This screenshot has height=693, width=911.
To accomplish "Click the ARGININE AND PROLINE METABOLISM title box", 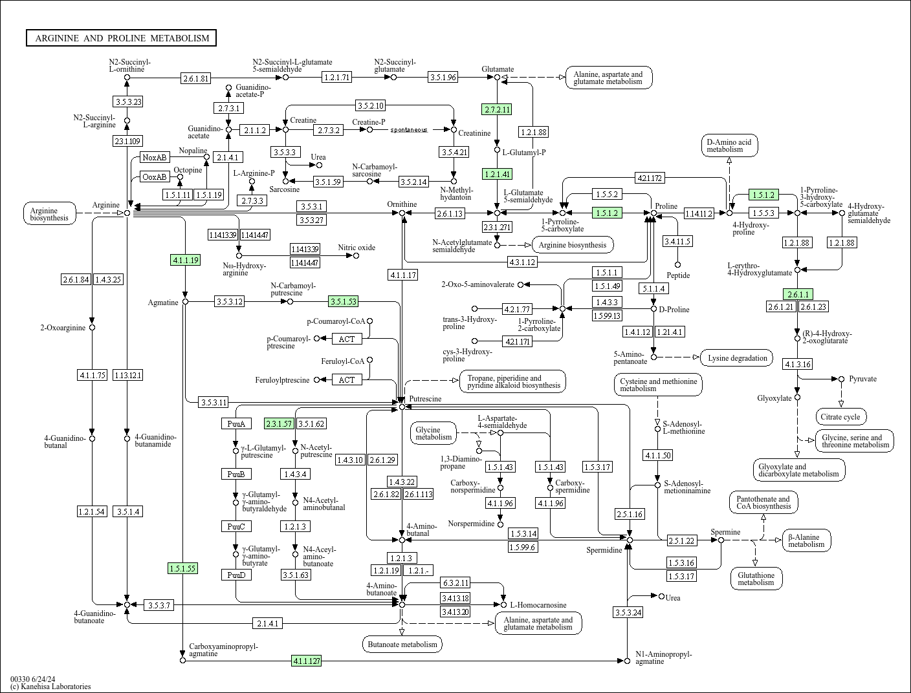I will [122, 38].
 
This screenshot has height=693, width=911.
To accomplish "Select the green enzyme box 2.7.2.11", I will [497, 109].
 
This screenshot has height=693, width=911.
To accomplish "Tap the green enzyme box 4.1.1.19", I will [185, 260].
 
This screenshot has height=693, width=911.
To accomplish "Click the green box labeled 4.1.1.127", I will [307, 661].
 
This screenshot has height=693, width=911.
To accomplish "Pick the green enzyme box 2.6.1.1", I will [797, 294].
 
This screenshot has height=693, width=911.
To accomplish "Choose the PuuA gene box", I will [236, 424].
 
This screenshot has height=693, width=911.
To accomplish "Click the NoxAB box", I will [155, 157].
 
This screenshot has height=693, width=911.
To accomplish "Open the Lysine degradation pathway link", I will [737, 357].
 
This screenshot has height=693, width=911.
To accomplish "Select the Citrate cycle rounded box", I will [841, 417].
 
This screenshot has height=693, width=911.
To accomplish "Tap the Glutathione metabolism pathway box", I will [756, 579].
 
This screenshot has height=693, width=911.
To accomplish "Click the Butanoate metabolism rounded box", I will [402, 644].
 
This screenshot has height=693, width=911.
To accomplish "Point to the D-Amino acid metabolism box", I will [729, 145].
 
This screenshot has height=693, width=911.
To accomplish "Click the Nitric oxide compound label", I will [356, 248].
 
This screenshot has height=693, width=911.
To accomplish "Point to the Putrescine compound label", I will [425, 399].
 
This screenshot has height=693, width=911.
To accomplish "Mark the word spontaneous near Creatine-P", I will [408, 130].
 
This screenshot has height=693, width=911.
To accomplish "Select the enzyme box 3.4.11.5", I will [677, 241].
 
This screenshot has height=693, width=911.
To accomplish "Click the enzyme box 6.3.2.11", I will [455, 582].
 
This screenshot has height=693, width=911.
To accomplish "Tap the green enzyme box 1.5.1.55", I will [182, 568].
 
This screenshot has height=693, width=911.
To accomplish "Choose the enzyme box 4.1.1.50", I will [657, 456].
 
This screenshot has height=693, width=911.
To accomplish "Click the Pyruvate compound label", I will [862, 379].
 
